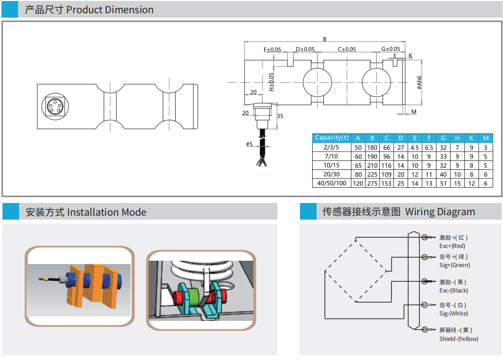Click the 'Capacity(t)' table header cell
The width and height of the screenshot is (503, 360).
(332, 138)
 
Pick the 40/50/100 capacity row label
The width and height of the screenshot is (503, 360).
(332, 183)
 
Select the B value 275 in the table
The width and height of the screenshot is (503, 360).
(372, 183)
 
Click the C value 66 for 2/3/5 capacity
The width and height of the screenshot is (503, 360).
(387, 147)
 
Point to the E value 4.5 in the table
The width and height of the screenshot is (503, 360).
(414, 147)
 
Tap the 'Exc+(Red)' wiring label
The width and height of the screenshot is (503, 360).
(452, 246)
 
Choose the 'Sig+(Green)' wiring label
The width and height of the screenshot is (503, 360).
(454, 265)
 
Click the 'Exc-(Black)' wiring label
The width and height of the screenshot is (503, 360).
(454, 291)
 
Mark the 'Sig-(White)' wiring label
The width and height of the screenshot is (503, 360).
(454, 314)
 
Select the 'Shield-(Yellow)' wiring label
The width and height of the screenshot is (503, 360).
(458, 339)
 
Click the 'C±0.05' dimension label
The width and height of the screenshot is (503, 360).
(347, 49)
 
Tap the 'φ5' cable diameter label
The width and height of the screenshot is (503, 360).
(249, 144)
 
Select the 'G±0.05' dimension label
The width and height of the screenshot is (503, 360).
(390, 49)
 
